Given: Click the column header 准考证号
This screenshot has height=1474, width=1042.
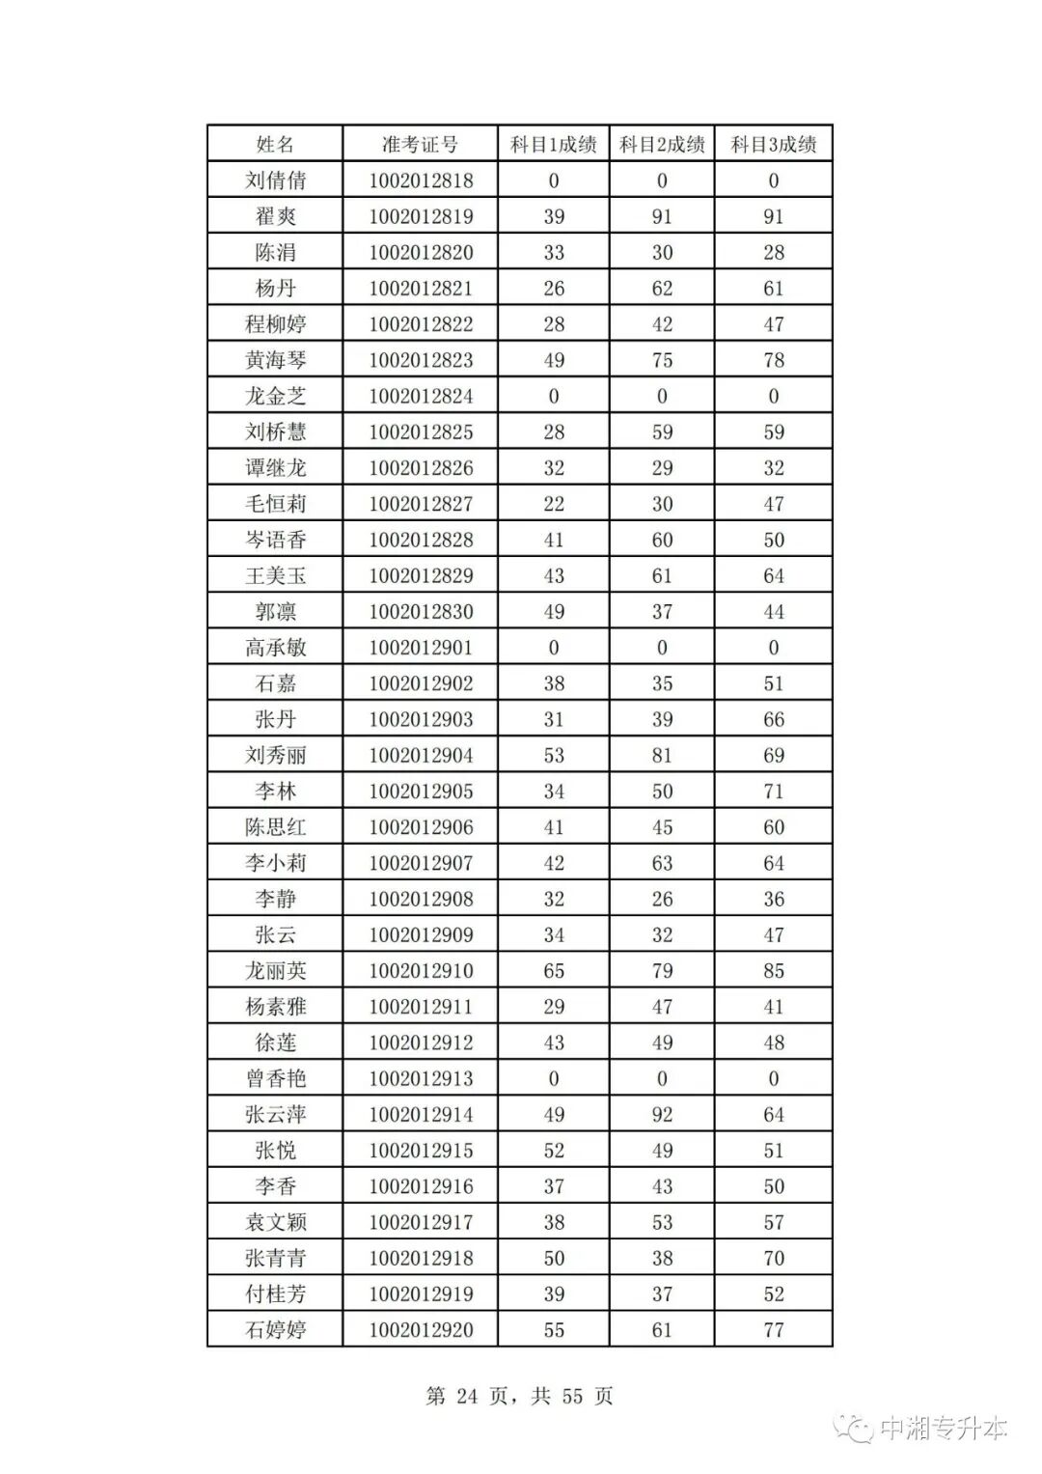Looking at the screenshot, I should click(420, 145).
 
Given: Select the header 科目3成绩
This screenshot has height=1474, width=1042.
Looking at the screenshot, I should click(773, 145).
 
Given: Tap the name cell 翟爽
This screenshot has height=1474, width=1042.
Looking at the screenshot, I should click(275, 216).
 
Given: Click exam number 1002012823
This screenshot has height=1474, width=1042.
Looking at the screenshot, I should click(421, 360).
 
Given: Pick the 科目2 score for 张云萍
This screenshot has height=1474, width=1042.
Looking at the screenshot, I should click(662, 1115).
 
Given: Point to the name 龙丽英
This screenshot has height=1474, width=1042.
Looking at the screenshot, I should click(275, 971).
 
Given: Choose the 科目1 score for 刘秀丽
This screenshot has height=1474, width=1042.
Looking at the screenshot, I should click(554, 755).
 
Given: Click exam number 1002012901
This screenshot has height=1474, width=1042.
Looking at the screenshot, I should click(421, 648).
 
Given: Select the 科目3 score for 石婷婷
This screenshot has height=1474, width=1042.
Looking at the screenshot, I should click(773, 1330).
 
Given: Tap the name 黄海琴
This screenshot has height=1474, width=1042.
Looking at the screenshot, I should click(275, 360).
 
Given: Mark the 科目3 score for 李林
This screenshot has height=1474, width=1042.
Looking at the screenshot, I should click(773, 792).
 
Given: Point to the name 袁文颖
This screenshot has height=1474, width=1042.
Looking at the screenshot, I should click(275, 1222).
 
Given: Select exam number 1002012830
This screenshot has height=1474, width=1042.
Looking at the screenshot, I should click(421, 612).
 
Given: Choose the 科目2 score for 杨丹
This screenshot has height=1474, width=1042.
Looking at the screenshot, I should click(662, 289).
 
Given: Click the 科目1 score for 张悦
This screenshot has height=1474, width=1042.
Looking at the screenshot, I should click(554, 1151).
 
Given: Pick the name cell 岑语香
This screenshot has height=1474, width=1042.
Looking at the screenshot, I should click(275, 540).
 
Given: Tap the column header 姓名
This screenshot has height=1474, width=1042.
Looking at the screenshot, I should click(275, 145).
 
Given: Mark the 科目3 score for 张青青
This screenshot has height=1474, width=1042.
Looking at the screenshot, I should click(773, 1258).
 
